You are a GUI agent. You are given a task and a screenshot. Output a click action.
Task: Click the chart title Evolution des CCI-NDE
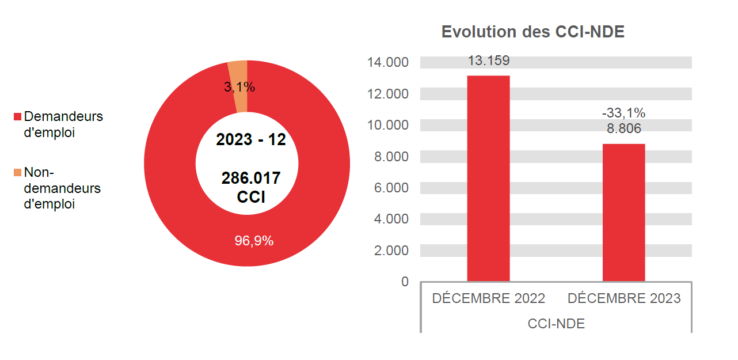(532, 32)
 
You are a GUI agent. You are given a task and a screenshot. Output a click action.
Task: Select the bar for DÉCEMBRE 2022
(488, 179)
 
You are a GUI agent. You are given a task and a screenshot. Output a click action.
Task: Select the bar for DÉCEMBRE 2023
(623, 213)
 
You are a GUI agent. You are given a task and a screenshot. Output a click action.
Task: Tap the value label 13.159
(488, 61)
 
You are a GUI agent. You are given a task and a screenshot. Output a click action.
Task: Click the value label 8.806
(623, 128)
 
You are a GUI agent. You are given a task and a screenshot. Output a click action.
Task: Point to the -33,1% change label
(623, 113)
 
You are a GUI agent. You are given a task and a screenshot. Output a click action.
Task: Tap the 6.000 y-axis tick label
(391, 188)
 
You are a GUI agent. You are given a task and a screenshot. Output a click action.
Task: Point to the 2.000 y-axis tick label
(391, 251)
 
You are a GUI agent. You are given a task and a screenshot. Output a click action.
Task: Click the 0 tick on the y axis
(405, 282)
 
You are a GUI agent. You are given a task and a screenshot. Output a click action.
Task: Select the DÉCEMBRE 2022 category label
(488, 298)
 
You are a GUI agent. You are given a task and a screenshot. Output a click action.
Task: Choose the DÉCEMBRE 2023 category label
(623, 298)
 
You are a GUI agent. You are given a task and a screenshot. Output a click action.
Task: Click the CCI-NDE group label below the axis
(556, 324)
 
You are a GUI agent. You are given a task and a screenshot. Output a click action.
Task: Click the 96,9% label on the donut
(254, 241)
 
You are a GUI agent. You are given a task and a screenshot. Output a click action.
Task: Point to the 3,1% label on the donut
(239, 88)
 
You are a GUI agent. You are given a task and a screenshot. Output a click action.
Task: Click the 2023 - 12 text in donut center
(250, 139)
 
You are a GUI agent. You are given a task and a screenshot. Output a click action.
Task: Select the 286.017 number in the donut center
(250, 178)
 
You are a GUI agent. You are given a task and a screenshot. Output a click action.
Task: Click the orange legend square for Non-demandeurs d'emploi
(17, 172)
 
